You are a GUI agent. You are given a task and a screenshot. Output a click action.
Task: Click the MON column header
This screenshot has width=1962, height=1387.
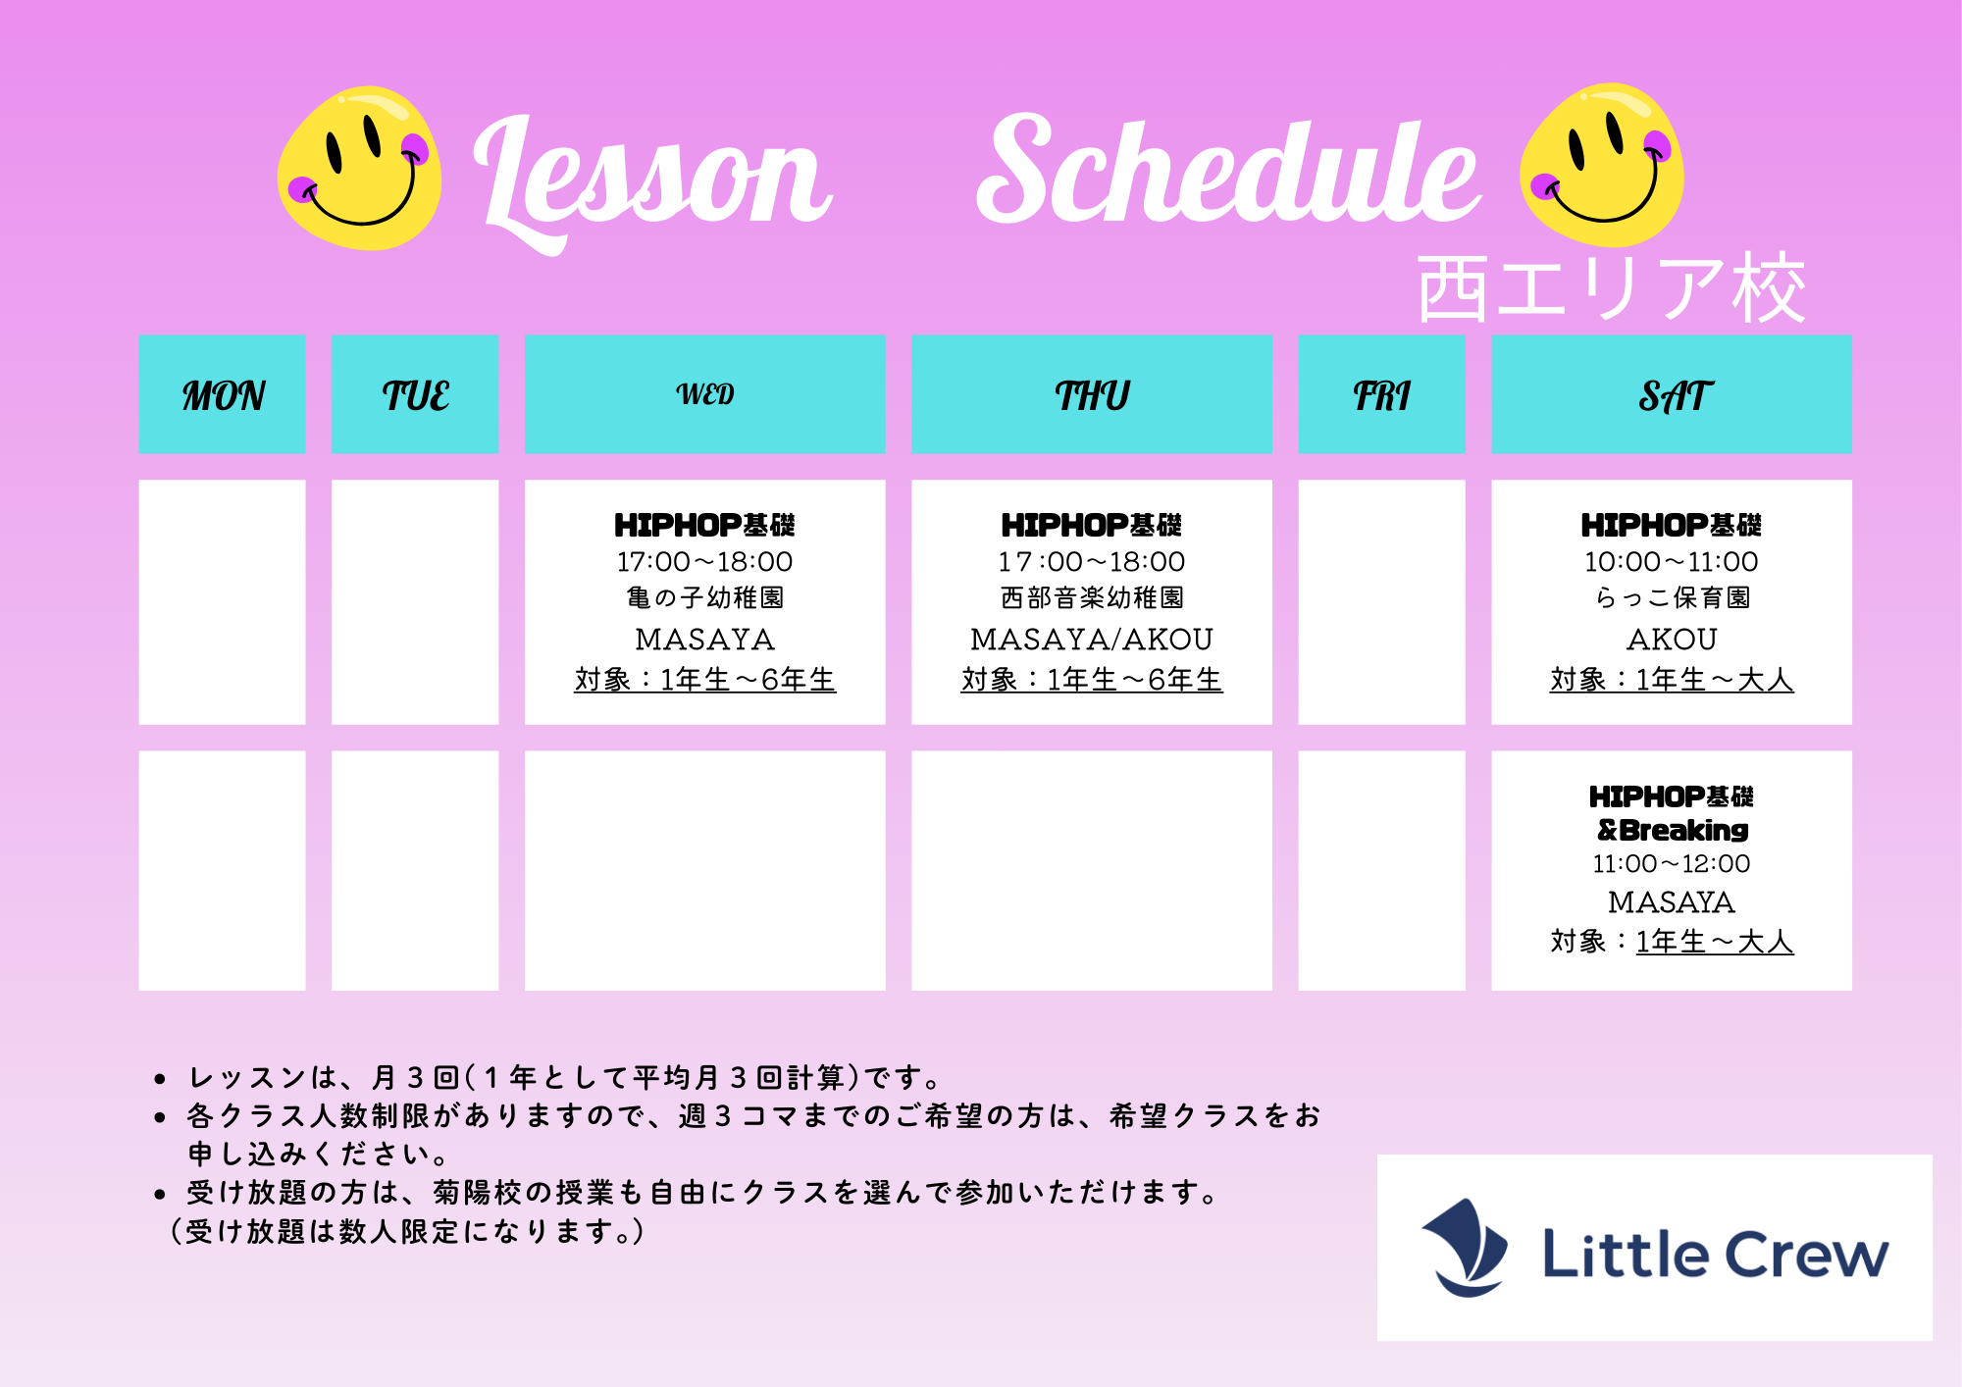[223, 394]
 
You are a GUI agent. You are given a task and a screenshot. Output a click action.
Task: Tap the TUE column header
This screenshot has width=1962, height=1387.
[415, 394]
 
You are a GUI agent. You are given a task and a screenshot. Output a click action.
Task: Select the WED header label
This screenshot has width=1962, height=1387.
[705, 394]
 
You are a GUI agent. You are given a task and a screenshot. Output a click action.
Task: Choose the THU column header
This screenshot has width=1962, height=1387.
[1092, 394]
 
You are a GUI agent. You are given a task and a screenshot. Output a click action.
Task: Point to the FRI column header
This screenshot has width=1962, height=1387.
[1381, 394]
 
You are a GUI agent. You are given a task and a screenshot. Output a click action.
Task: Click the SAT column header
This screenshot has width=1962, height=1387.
[1672, 394]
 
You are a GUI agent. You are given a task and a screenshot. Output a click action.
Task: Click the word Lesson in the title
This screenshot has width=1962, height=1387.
[652, 181]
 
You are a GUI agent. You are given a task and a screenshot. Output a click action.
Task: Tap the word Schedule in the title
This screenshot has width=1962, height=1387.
[1228, 169]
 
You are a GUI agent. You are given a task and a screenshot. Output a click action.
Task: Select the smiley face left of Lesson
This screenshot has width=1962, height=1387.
[359, 168]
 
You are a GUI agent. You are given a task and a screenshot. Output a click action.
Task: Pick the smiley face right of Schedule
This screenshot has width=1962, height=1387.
[1601, 165]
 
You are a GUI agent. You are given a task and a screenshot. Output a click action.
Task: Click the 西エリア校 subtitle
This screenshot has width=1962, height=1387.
[1612, 288]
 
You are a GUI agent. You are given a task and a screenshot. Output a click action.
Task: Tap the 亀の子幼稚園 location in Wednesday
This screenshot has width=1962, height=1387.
[705, 597]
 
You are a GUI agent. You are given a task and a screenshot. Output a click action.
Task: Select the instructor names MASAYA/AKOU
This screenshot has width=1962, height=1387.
[1092, 640]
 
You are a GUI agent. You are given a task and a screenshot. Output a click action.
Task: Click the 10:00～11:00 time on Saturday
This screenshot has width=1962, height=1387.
[1672, 562]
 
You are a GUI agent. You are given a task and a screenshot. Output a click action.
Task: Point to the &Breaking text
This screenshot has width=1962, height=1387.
[1673, 830]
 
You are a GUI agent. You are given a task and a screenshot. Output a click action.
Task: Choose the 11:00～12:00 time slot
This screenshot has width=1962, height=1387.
[1672, 864]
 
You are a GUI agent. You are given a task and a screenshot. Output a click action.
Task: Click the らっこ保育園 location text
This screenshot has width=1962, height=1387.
[1673, 597]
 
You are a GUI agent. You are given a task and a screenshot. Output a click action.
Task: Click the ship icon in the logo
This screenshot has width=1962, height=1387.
[1466, 1247]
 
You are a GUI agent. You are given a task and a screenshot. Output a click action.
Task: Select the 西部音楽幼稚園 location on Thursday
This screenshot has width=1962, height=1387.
[1092, 597]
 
